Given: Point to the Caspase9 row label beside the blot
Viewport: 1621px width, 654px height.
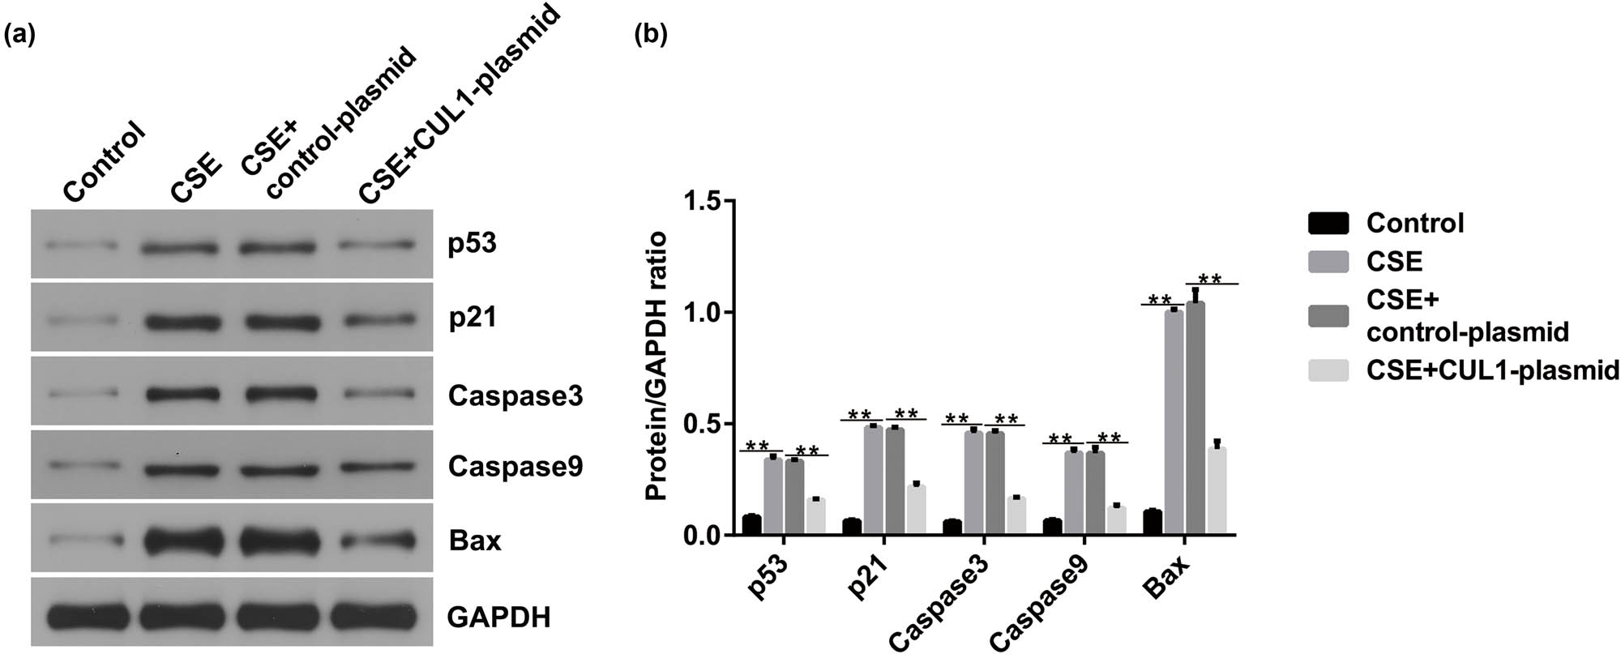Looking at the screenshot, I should tap(515, 467).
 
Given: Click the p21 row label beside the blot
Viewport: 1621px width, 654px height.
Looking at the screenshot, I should tap(472, 318).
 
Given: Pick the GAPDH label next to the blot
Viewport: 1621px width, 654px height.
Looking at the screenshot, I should tap(498, 618).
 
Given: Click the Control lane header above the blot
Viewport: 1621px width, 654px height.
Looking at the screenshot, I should tap(104, 162).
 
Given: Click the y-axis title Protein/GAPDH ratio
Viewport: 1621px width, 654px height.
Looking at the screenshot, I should tap(657, 366).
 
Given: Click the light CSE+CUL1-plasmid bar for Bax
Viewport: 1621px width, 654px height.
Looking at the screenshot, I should tap(1217, 491).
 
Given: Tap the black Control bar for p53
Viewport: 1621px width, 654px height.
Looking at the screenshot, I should tap(751, 525).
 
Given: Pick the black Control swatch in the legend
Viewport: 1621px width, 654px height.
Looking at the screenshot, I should tap(1328, 223).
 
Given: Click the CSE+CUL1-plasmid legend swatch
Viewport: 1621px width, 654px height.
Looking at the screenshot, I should tap(1328, 370).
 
